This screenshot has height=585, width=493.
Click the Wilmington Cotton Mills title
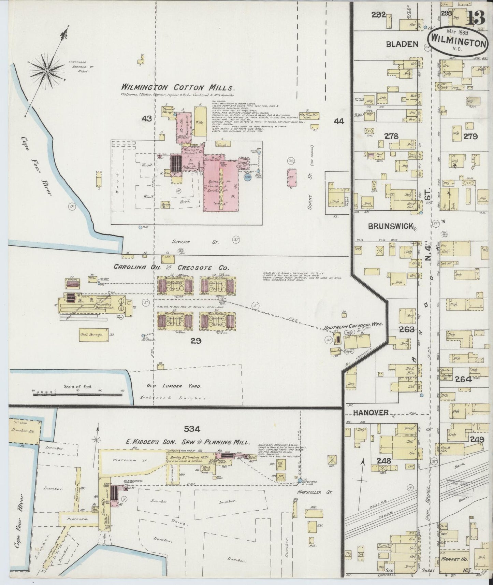(178, 87)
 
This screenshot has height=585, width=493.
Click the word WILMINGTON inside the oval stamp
(458, 43)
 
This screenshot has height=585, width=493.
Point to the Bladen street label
(402, 44)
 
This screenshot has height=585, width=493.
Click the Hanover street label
(371, 412)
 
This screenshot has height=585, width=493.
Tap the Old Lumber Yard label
(174, 386)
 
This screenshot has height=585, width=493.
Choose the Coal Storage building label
(91, 335)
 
